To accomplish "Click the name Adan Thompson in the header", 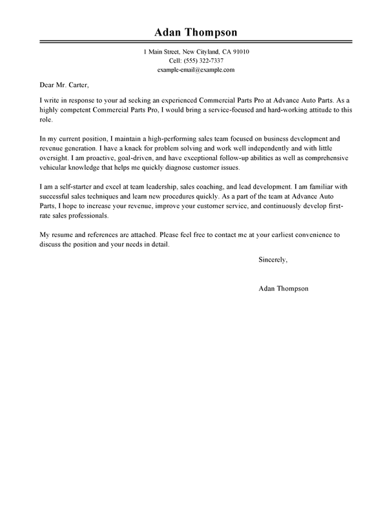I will pos(196,32).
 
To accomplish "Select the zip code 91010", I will pos(240,51).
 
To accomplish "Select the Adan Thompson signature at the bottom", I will pos(283,288).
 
